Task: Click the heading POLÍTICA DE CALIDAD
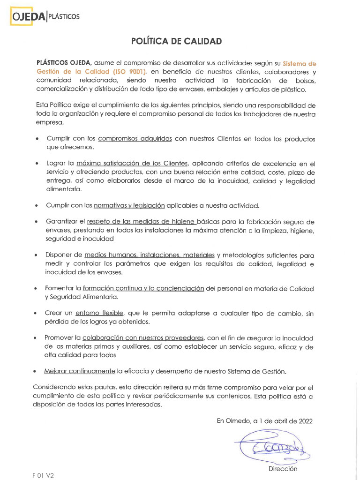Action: click(x=176, y=42)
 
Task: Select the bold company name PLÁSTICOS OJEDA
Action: click(x=64, y=62)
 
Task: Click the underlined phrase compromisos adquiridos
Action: click(x=135, y=139)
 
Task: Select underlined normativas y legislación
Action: click(x=129, y=205)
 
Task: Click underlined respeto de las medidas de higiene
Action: click(x=141, y=222)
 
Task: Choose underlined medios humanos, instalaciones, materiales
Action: click(x=150, y=255)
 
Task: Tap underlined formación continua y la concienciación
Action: click(x=143, y=288)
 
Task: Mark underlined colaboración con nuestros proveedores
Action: click(x=143, y=338)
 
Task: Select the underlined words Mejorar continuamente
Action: click(x=79, y=371)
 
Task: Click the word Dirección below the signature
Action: click(x=283, y=468)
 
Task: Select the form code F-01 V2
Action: click(x=43, y=475)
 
